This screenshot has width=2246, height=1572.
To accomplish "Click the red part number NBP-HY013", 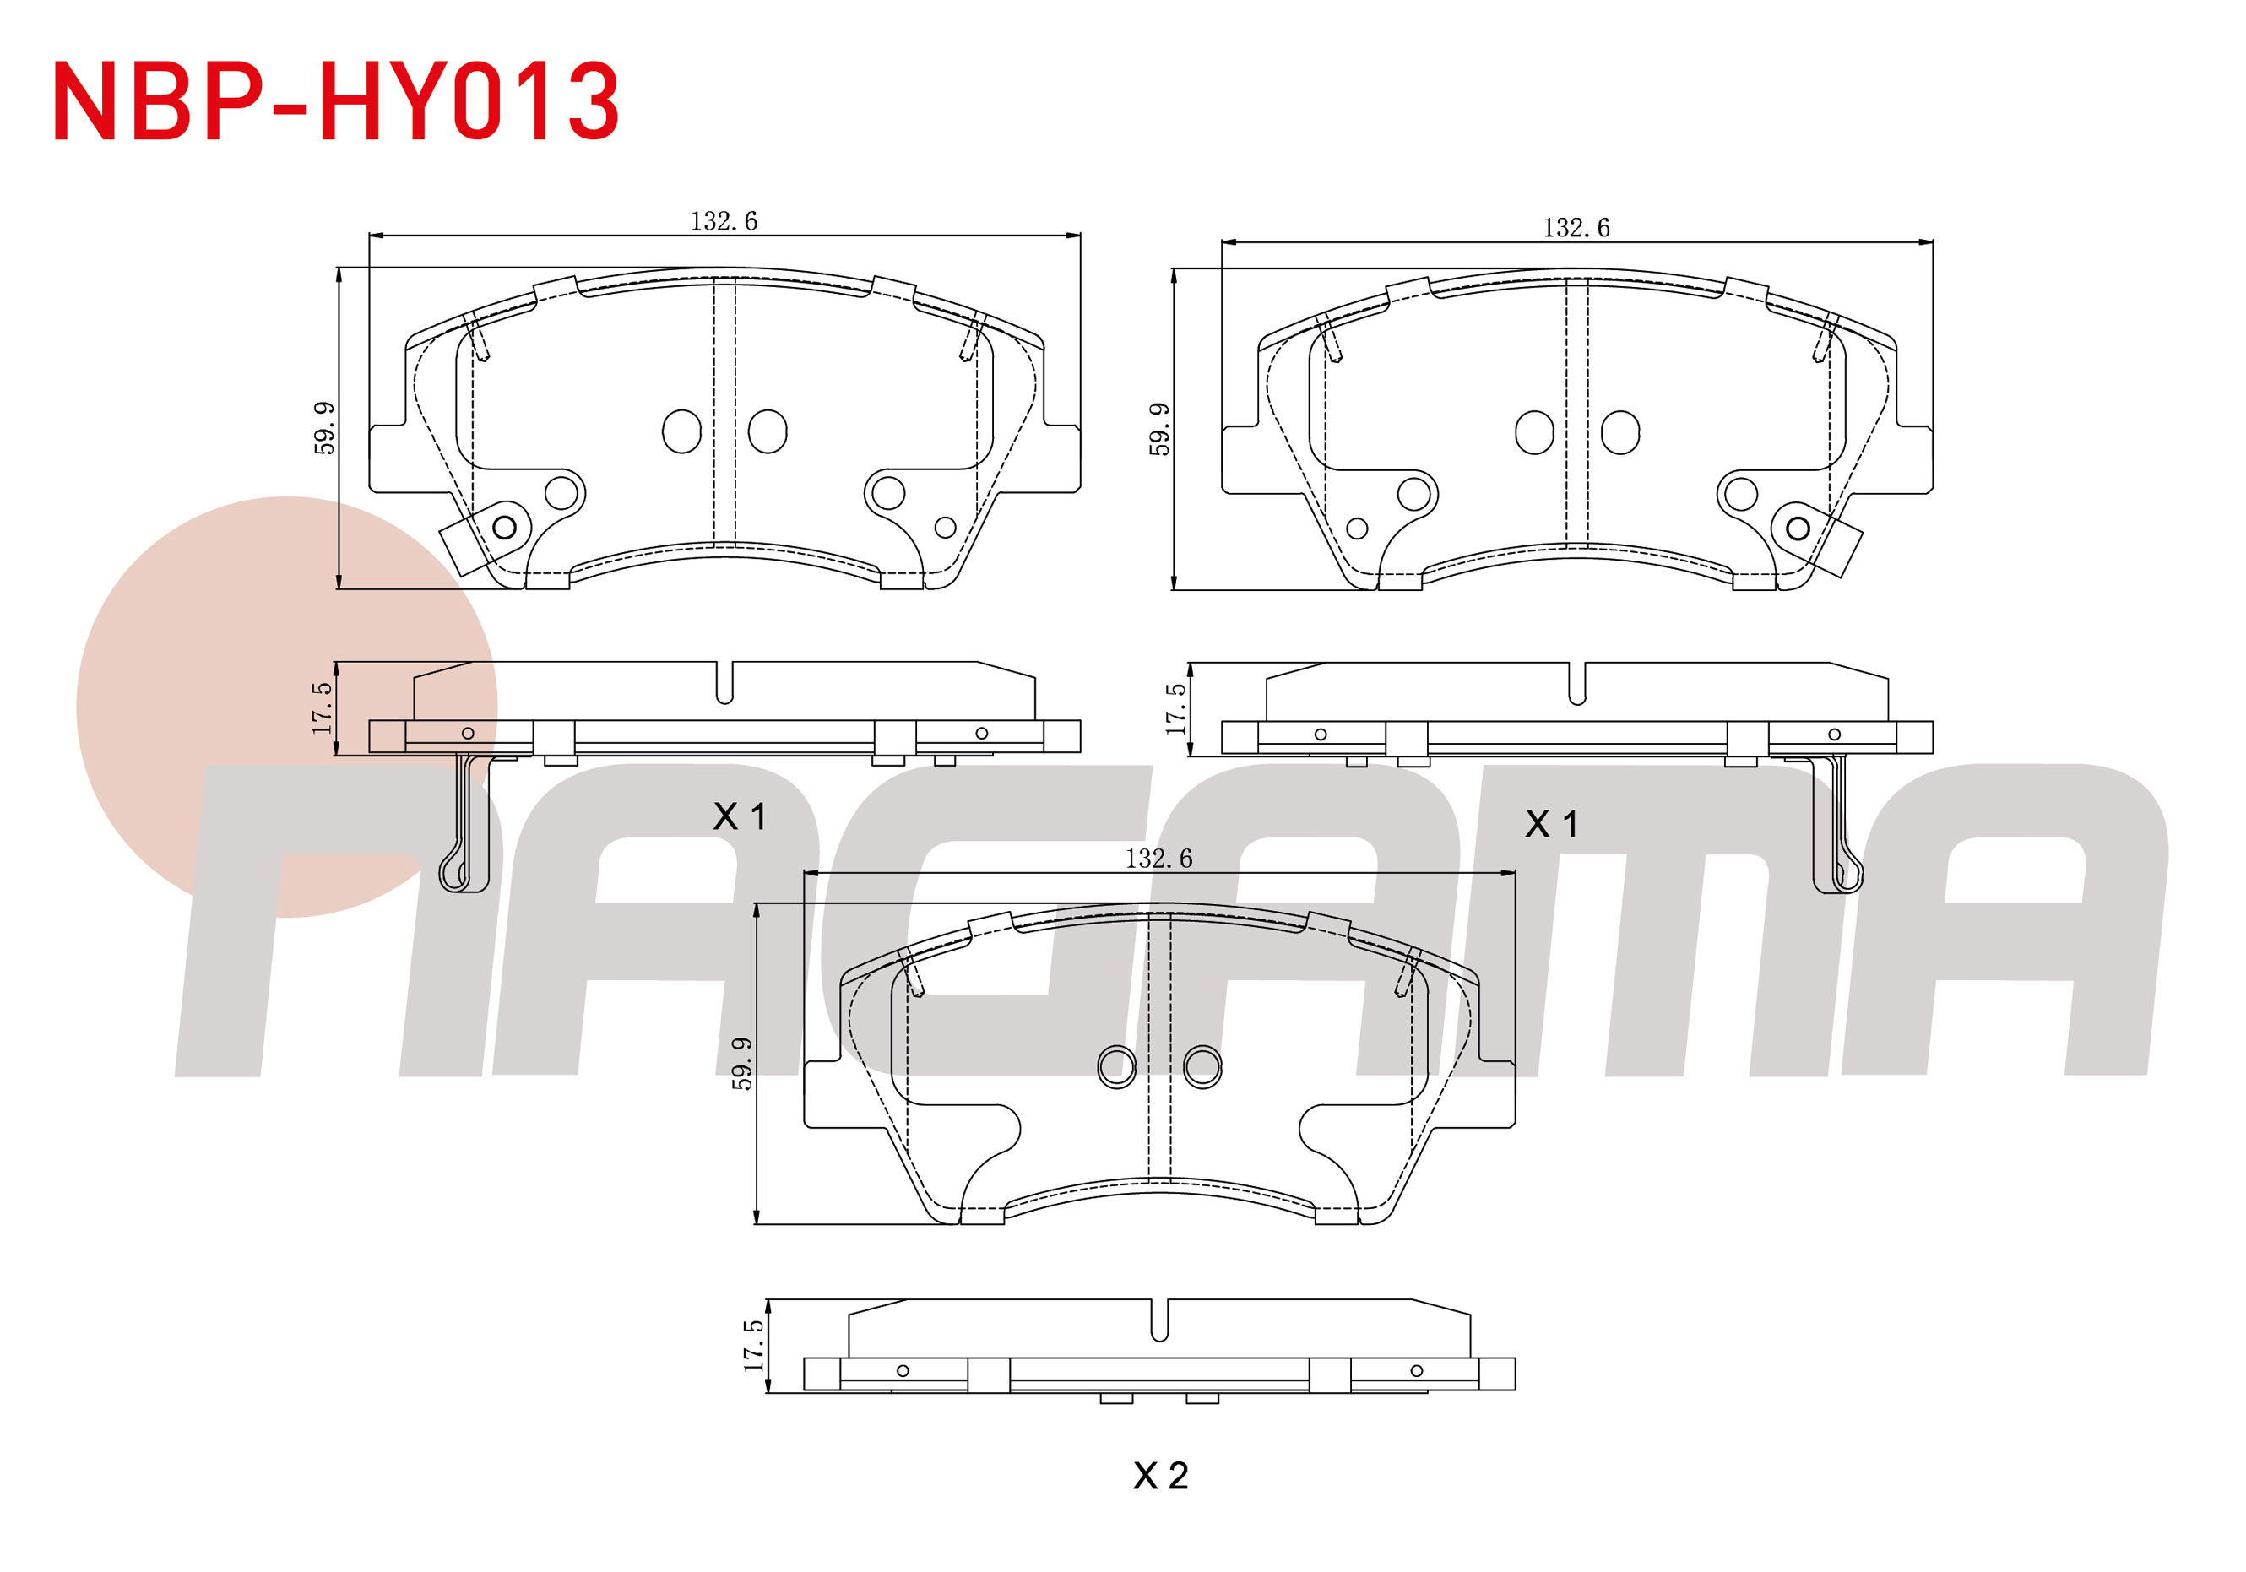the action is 335,100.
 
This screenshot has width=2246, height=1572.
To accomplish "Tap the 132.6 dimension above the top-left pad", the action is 724,222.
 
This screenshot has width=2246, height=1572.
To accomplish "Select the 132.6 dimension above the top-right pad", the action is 1576,229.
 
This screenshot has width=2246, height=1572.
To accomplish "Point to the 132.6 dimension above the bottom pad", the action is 1158,859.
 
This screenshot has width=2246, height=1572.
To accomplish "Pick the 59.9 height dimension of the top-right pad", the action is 1159,429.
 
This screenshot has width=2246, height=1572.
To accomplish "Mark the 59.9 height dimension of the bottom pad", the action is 742,1063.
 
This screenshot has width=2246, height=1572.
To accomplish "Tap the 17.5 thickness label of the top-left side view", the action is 322,708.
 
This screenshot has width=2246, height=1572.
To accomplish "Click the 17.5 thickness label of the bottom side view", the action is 753,1346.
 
